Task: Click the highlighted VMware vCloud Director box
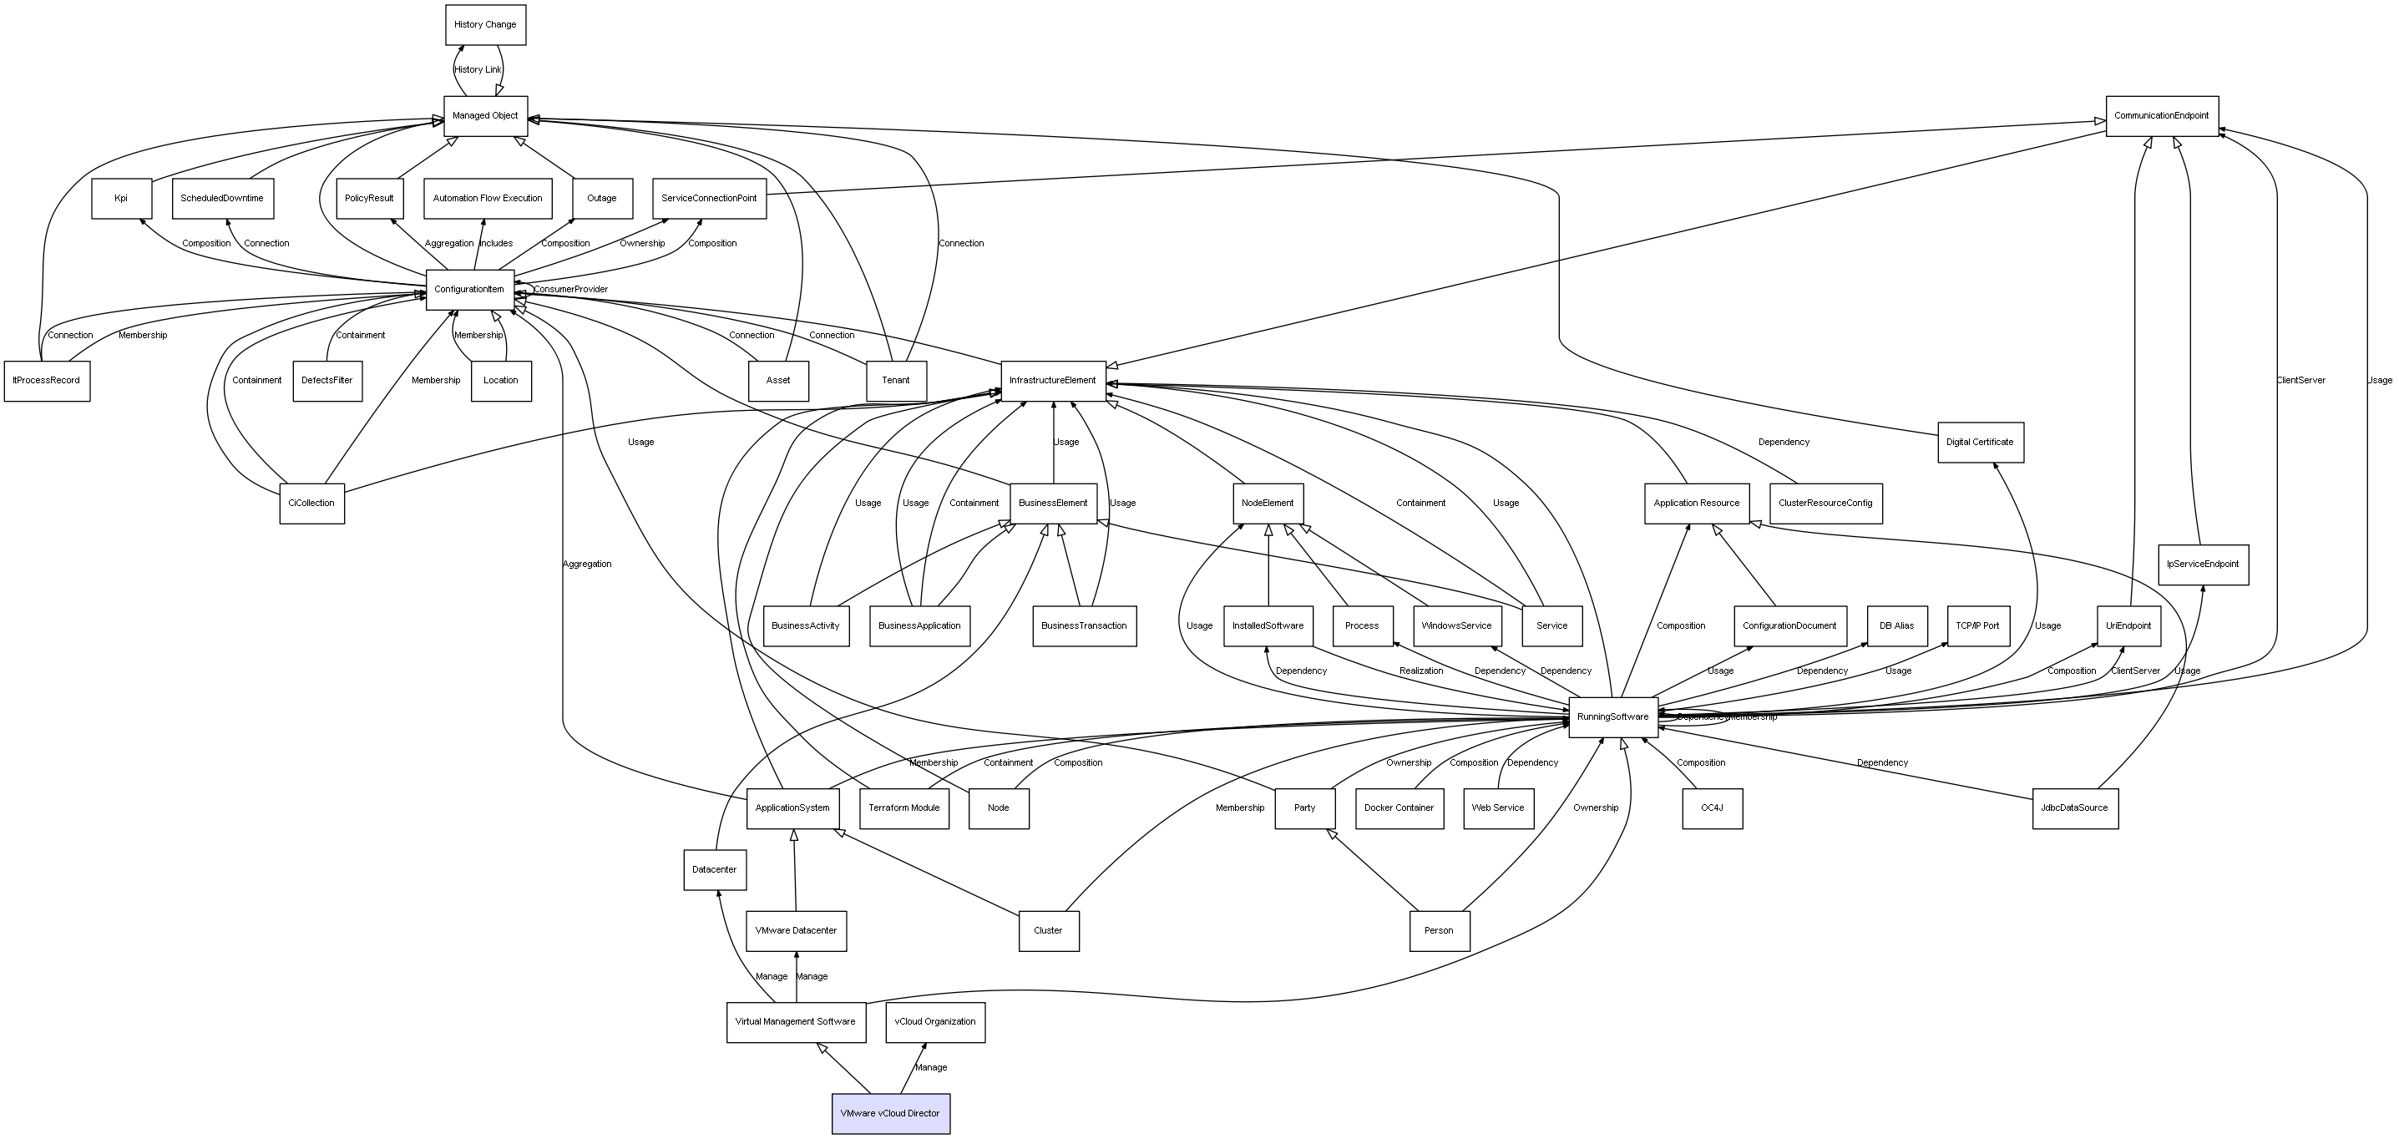(890, 1113)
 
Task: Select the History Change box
(485, 24)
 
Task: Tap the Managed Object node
(485, 115)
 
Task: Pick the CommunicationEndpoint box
(2162, 115)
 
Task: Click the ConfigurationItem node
(469, 290)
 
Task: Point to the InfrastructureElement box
(1053, 381)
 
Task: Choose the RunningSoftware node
(1613, 717)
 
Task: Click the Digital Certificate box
(1980, 443)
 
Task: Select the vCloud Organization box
(935, 1021)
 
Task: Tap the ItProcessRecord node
(47, 381)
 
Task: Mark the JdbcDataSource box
(2074, 808)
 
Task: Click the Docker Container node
(1399, 808)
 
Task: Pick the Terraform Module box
(904, 808)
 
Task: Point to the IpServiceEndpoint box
(2203, 564)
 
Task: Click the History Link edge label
(478, 70)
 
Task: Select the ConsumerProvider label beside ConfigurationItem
(571, 290)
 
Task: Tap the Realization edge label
(1421, 671)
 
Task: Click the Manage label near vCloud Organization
(931, 1068)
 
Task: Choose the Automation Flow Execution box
(487, 199)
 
